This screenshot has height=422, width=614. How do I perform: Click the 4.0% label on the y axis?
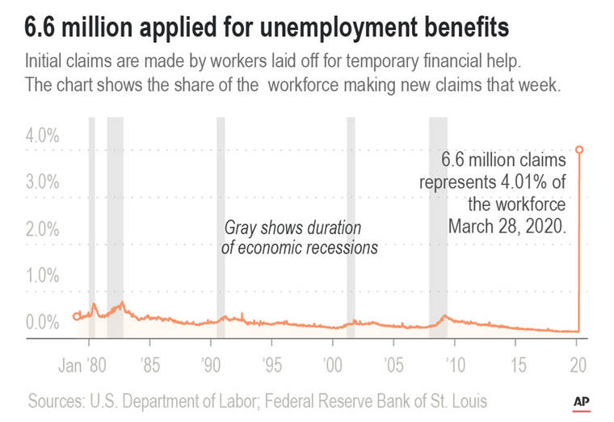coord(42,136)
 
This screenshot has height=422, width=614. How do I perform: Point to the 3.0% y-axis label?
coord(42,182)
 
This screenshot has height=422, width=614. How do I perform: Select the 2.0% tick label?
coord(42,229)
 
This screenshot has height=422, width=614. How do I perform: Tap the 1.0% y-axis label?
coord(42,276)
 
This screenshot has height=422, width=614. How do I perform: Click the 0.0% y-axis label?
coord(42,323)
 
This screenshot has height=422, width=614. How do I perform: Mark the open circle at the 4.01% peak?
coord(578,149)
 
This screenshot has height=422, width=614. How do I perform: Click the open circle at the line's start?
coord(77,316)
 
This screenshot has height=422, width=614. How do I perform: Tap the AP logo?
coord(580,401)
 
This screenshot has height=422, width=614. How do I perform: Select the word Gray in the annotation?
coord(241,228)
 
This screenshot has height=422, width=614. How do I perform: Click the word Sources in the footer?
coord(58,401)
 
